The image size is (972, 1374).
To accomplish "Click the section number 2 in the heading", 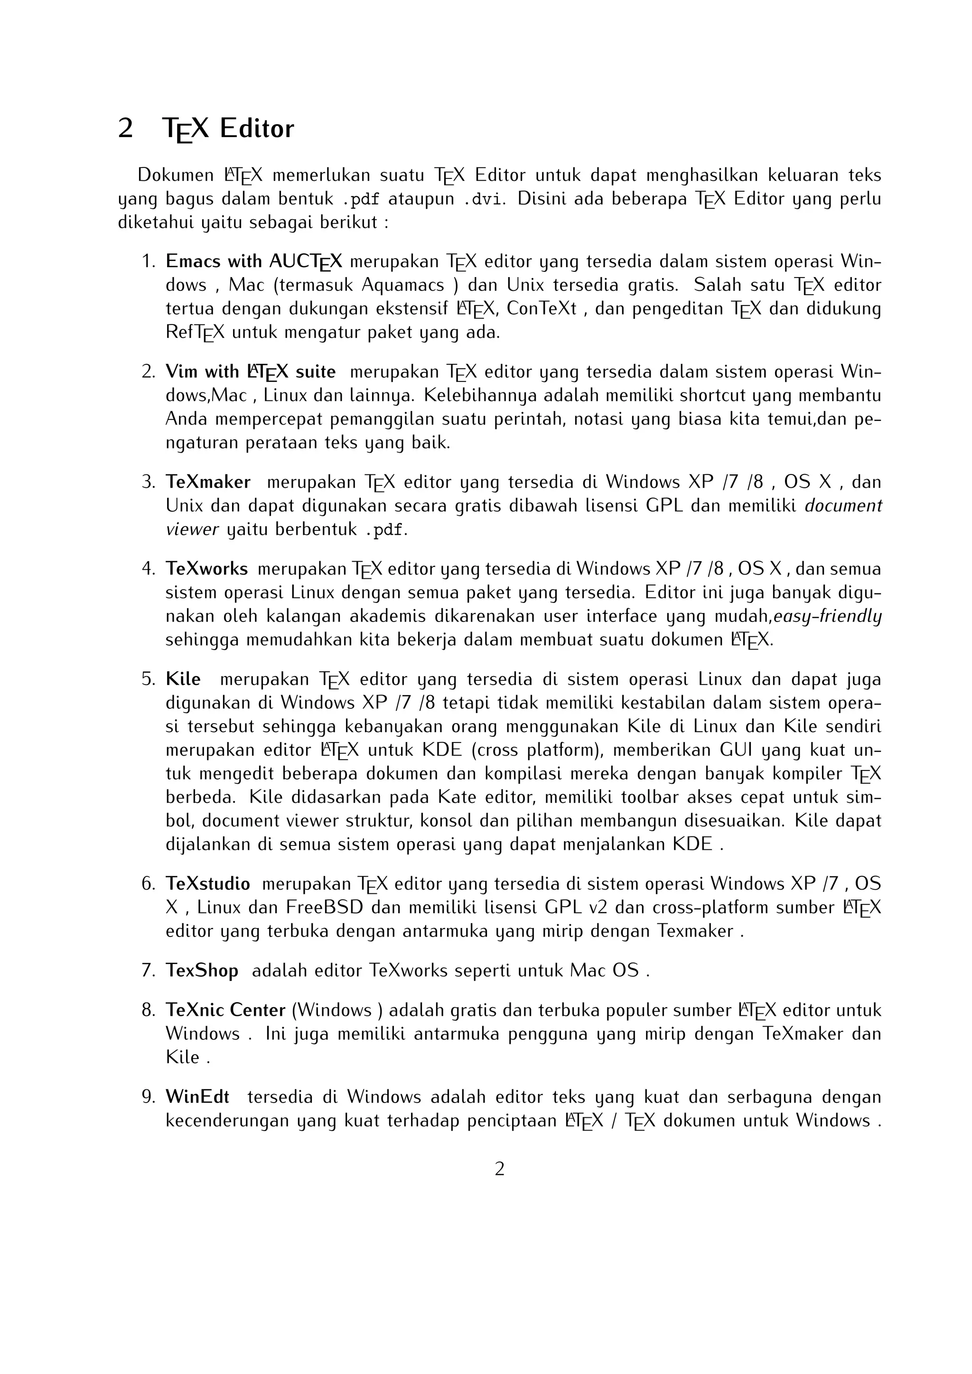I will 125,129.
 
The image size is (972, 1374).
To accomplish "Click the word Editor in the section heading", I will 257,129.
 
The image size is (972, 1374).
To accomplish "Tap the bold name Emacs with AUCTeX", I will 254,261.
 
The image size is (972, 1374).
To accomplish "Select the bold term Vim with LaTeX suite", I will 250,372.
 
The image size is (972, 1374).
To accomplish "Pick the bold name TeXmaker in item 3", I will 208,483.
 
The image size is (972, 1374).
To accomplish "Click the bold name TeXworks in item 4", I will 206,568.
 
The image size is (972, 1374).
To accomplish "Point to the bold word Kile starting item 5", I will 183,679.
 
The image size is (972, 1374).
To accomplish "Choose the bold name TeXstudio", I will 208,884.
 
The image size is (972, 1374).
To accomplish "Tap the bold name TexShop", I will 202,971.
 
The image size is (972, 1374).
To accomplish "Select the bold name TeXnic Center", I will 225,1010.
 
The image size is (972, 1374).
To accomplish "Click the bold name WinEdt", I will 197,1097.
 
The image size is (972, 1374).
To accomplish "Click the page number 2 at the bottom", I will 500,1169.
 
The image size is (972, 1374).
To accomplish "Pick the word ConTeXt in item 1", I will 541,309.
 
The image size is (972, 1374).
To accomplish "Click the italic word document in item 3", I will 843,506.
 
